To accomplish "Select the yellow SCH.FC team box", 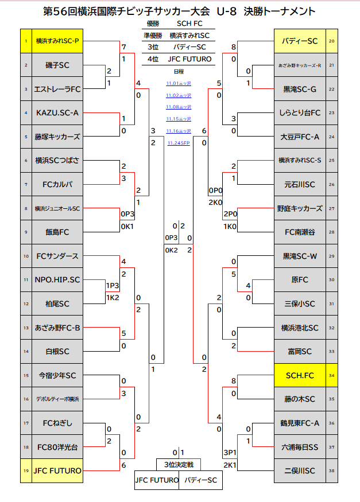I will pyautogui.click(x=300, y=376).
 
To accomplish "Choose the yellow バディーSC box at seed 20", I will pyautogui.click(x=300, y=41).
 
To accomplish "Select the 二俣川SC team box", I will pyautogui.click(x=300, y=471).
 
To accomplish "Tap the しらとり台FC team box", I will pyautogui.click(x=300, y=113).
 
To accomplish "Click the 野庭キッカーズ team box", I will pyautogui.click(x=300, y=208).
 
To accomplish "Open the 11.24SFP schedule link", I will pyautogui.click(x=179, y=143).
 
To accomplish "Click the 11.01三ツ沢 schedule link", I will pyautogui.click(x=179, y=83).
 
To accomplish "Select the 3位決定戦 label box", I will pyautogui.click(x=179, y=464).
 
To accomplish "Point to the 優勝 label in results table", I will pyautogui.click(x=152, y=24).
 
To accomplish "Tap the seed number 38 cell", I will pyautogui.click(x=332, y=471).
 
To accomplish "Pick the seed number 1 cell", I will pyautogui.click(x=26, y=41).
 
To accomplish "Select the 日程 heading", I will pyautogui.click(x=179, y=71).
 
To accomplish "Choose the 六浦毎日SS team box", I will pyautogui.click(x=300, y=447).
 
